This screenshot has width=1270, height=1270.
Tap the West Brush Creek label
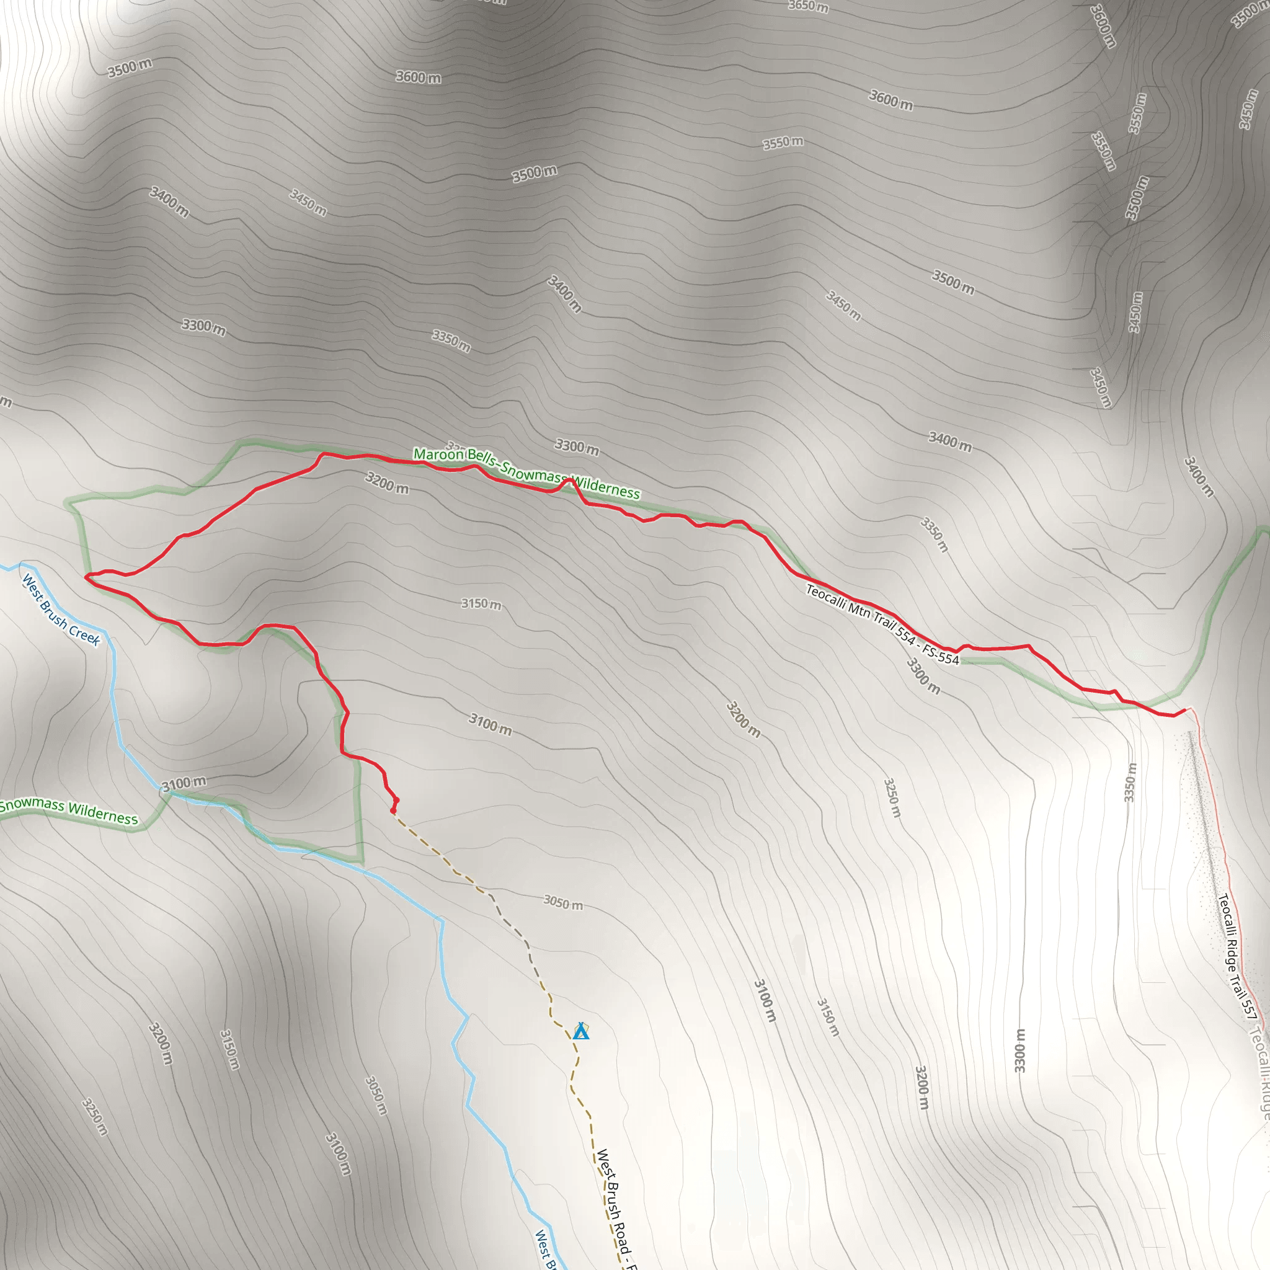pyautogui.click(x=61, y=610)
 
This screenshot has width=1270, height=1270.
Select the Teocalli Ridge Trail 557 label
pyautogui.click(x=1237, y=956)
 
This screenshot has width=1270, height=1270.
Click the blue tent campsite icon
pyautogui.click(x=580, y=1032)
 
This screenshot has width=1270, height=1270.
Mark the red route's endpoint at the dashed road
pyautogui.click(x=393, y=811)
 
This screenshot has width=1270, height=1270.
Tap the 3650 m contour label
pyautogui.click(x=808, y=7)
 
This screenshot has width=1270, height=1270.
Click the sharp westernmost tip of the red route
pyautogui.click(x=86, y=577)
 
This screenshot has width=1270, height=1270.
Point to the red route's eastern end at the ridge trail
pyautogui.click(x=1185, y=709)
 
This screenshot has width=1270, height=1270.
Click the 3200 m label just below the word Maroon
pyautogui.click(x=386, y=483)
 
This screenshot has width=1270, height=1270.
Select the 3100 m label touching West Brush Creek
pyautogui.click(x=184, y=784)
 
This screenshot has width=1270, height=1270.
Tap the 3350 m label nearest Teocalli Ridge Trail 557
pyautogui.click(x=1129, y=782)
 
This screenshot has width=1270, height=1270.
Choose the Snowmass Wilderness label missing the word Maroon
pyautogui.click(x=69, y=810)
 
